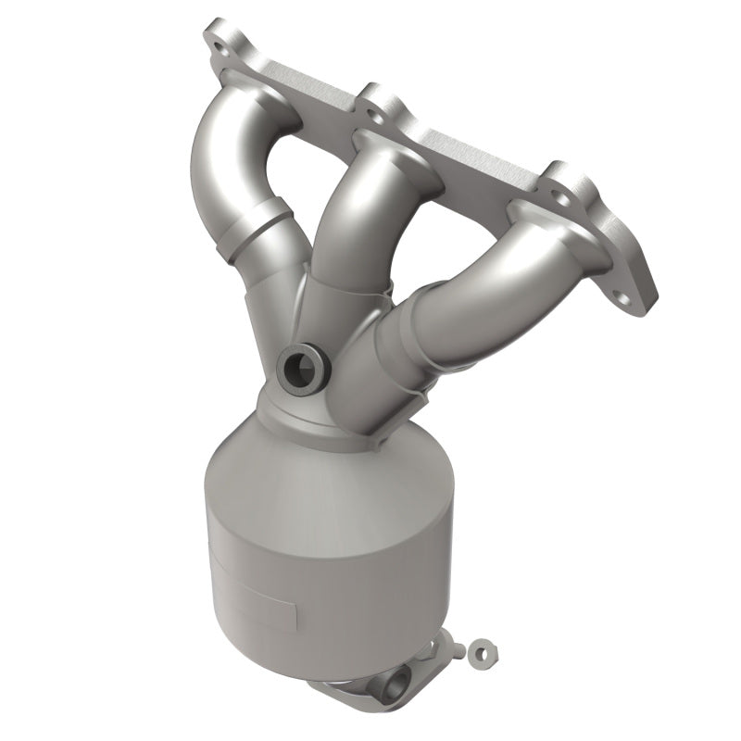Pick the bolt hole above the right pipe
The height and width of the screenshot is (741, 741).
562,197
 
